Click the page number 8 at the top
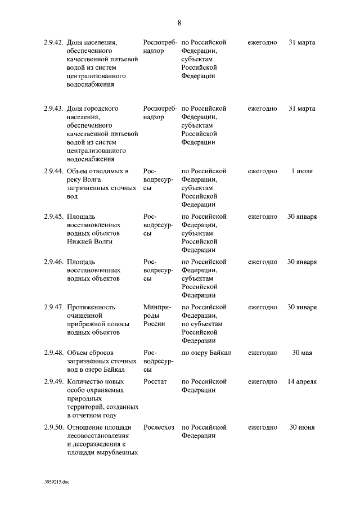click(x=179, y=23)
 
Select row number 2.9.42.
click(x=53, y=42)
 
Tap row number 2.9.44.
click(x=53, y=171)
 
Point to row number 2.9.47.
click(x=53, y=308)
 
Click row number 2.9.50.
click(x=53, y=427)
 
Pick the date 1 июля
click(x=302, y=171)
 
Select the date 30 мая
click(x=302, y=353)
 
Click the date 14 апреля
click(x=302, y=382)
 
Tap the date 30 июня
click(x=302, y=427)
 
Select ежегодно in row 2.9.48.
click(x=263, y=353)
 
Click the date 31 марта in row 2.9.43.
click(x=302, y=108)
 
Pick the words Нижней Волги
click(x=89, y=242)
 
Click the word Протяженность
click(x=91, y=308)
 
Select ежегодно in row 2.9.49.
click(x=263, y=382)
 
